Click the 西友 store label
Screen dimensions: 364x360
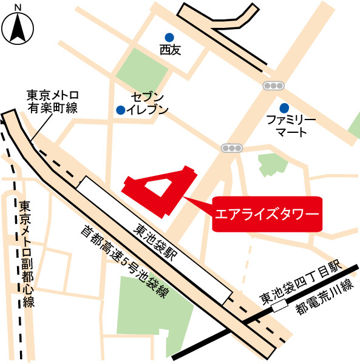[170, 51]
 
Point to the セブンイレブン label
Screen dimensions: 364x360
[149, 104]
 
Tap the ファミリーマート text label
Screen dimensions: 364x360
[291, 125]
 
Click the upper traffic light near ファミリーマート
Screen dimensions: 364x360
[274, 86]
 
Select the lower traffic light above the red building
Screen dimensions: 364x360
[231, 147]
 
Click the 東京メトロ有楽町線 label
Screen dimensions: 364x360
[52, 101]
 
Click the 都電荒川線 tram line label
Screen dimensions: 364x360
[324, 297]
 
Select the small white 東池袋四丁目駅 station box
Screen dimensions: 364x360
[280, 308]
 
